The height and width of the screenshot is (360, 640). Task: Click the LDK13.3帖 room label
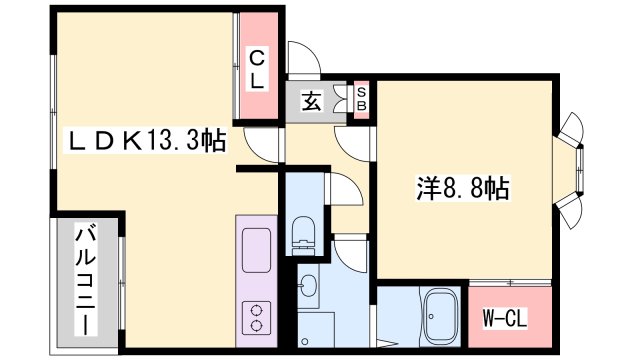click(x=146, y=143)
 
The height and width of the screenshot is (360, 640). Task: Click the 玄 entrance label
click(x=311, y=101)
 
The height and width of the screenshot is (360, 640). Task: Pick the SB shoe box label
click(x=362, y=98)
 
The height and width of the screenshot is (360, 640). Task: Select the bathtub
click(x=439, y=317)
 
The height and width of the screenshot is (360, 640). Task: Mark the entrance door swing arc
click(x=304, y=59)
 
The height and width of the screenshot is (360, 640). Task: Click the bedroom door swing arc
click(x=355, y=140)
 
